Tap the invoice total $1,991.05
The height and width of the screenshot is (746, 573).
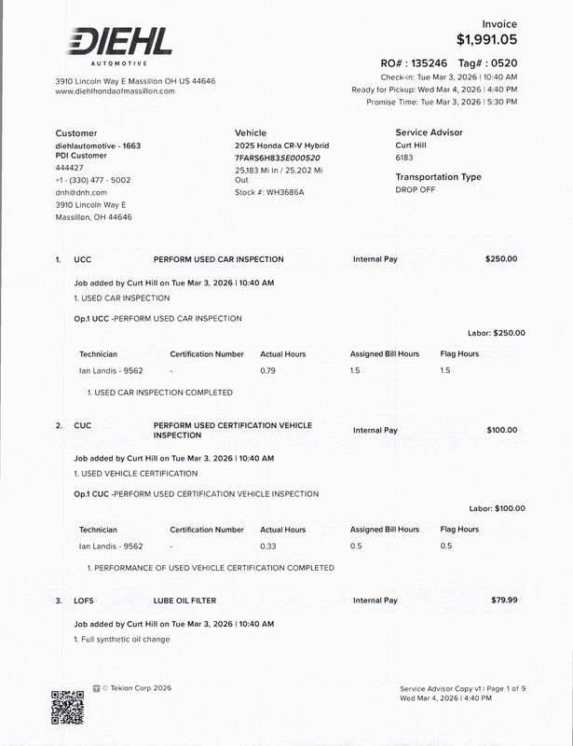pos(486,40)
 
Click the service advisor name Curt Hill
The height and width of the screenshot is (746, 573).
pos(411,145)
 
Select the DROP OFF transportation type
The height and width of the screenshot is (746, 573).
pos(415,189)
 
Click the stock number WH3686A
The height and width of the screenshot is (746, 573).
pos(285,192)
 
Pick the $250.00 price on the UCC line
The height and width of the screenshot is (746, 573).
pos(501,259)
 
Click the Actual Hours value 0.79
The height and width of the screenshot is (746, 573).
pos(268,370)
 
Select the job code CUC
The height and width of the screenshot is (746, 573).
pos(83,425)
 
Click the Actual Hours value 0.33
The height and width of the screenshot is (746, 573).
pos(268,546)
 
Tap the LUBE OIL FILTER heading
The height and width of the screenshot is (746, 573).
pos(184,601)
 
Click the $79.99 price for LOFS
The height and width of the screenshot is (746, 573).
pos(504,601)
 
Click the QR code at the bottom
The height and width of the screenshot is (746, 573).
pos(67,706)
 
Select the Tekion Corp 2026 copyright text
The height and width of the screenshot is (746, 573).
pos(136,688)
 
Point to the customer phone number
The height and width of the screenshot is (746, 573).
pos(93,180)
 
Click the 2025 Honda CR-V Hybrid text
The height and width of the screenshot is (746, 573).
pos(281,145)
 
